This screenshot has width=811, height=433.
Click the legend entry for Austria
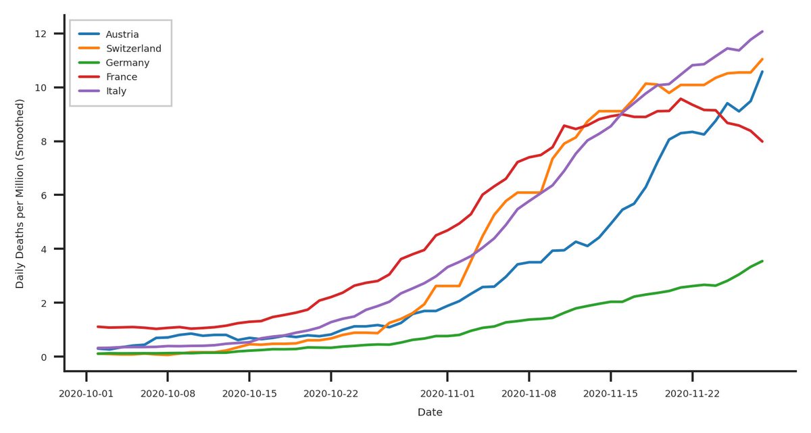122,34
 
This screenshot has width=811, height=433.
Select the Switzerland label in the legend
133,48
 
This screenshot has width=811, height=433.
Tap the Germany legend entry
128,62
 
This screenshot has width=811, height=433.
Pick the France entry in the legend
122,76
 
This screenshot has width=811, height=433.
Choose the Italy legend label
117,91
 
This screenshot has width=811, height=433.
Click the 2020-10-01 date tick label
86,392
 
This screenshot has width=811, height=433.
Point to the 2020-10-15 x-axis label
249,392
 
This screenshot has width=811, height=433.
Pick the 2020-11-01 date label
447,392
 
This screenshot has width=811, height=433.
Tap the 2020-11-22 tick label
693,392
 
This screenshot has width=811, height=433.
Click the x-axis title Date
430,411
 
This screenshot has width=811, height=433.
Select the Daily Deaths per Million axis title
20,195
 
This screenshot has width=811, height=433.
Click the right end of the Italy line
762,31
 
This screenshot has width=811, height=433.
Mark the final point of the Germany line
762,261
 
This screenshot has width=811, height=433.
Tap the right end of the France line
762,141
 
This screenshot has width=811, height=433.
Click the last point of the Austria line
762,72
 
